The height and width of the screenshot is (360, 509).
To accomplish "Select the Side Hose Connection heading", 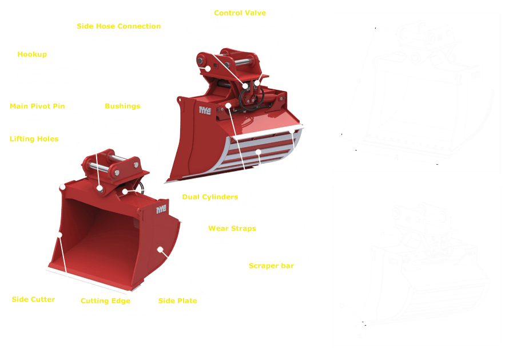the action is [119, 26].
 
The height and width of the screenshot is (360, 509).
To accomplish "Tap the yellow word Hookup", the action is [32, 54].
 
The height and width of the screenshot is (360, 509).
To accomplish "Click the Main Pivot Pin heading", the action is [38, 106].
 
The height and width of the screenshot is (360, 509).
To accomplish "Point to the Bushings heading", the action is [122, 106].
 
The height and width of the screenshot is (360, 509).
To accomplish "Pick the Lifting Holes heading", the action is [34, 139].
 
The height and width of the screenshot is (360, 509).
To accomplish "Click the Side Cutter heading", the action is [33, 299].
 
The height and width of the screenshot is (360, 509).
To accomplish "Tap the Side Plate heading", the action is [177, 300].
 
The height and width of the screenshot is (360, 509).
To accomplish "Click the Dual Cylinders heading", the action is [210, 197].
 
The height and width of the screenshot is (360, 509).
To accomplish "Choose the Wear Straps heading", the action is [232, 228].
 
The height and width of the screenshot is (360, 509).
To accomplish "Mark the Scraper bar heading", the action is [271, 266].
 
